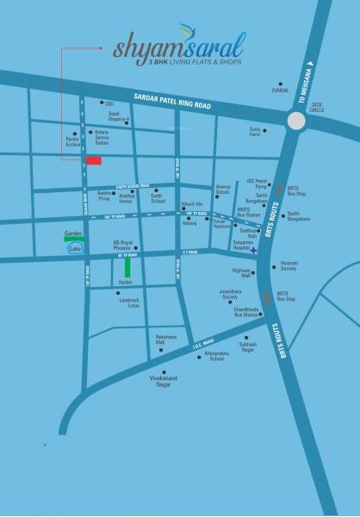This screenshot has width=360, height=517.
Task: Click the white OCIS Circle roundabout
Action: click(x=297, y=122)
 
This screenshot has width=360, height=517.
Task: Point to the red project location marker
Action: click(x=93, y=160)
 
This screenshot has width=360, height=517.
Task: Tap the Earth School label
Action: click(x=158, y=197)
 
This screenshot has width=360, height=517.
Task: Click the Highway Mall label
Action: click(x=240, y=274)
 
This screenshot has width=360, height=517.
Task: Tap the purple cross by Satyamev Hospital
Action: click(x=253, y=251)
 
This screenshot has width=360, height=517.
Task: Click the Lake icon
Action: click(x=75, y=249)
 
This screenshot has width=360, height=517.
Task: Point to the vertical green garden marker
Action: click(x=127, y=269)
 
